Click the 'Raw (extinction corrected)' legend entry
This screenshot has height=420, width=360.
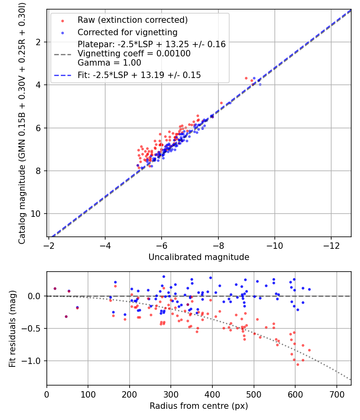tap(132, 20)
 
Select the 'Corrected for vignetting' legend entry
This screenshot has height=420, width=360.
tap(127, 32)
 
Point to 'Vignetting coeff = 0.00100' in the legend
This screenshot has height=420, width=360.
tap(134, 54)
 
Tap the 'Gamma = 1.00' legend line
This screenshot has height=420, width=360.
tap(109, 62)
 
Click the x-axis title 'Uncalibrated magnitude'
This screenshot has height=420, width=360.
tap(199, 257)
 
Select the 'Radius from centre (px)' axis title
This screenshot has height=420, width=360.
tap(199, 406)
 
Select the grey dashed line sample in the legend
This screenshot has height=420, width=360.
tap(62, 54)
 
